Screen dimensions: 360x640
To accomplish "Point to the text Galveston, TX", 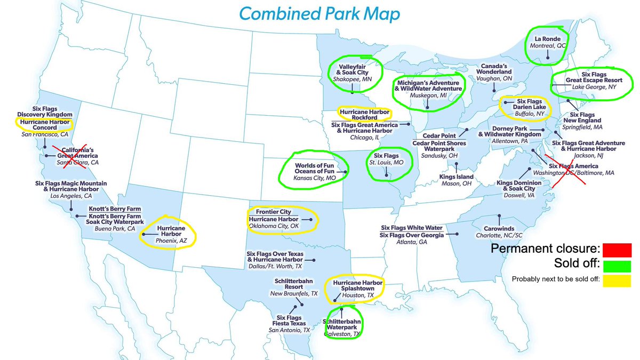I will click(x=342, y=334).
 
